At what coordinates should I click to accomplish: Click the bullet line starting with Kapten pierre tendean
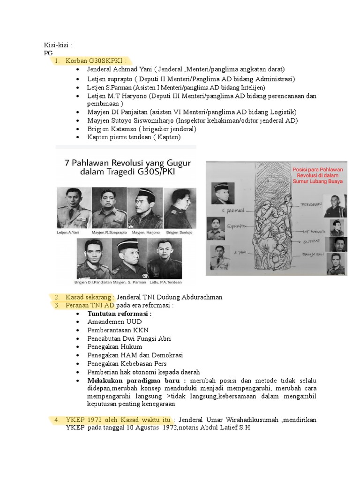coord(134,137)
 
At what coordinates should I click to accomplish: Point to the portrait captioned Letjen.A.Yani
coord(73,207)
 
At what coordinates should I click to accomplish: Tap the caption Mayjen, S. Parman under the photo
coord(132,282)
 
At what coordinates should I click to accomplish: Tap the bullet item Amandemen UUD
coord(114,322)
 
